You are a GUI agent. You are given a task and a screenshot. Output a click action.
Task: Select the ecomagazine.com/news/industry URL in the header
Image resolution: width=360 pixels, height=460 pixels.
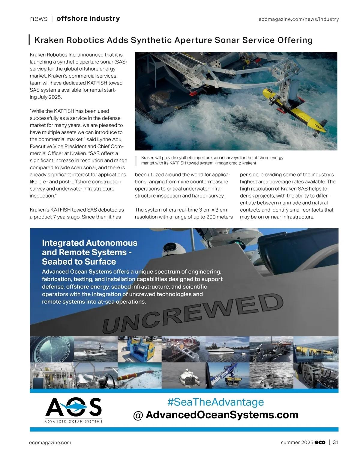click(x=298, y=19)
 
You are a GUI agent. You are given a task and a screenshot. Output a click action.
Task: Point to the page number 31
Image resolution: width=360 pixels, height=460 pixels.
click(x=335, y=442)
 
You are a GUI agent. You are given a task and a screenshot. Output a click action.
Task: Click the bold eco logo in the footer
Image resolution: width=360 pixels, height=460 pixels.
click(x=320, y=442)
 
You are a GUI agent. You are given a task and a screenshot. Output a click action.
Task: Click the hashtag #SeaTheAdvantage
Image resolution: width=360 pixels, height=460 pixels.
click(x=215, y=402)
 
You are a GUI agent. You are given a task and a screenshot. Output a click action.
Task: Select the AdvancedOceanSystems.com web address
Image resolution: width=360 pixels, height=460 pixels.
click(x=222, y=415)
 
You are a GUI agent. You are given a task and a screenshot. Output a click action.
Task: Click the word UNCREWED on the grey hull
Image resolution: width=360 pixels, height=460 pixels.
click(x=192, y=313)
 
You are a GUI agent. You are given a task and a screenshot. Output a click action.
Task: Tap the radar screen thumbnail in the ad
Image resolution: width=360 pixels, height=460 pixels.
click(x=52, y=349)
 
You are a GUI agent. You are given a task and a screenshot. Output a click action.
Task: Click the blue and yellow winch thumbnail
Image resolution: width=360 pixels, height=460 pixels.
click(x=139, y=349)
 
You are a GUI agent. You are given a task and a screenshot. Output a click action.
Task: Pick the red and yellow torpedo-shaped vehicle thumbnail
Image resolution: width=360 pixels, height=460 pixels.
click(x=139, y=375)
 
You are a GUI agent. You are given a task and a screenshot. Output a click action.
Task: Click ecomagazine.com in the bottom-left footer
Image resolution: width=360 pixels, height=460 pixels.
click(x=50, y=443)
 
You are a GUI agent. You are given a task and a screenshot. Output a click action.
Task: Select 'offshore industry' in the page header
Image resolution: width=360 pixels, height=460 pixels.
click(x=88, y=19)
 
